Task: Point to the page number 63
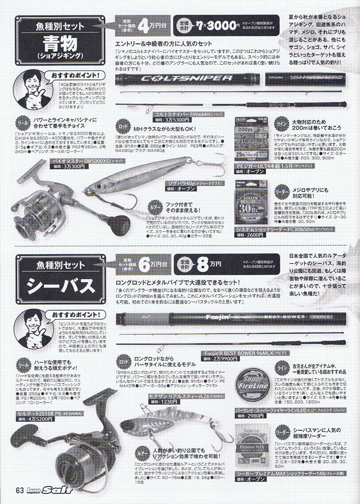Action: click(x=20, y=491)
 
